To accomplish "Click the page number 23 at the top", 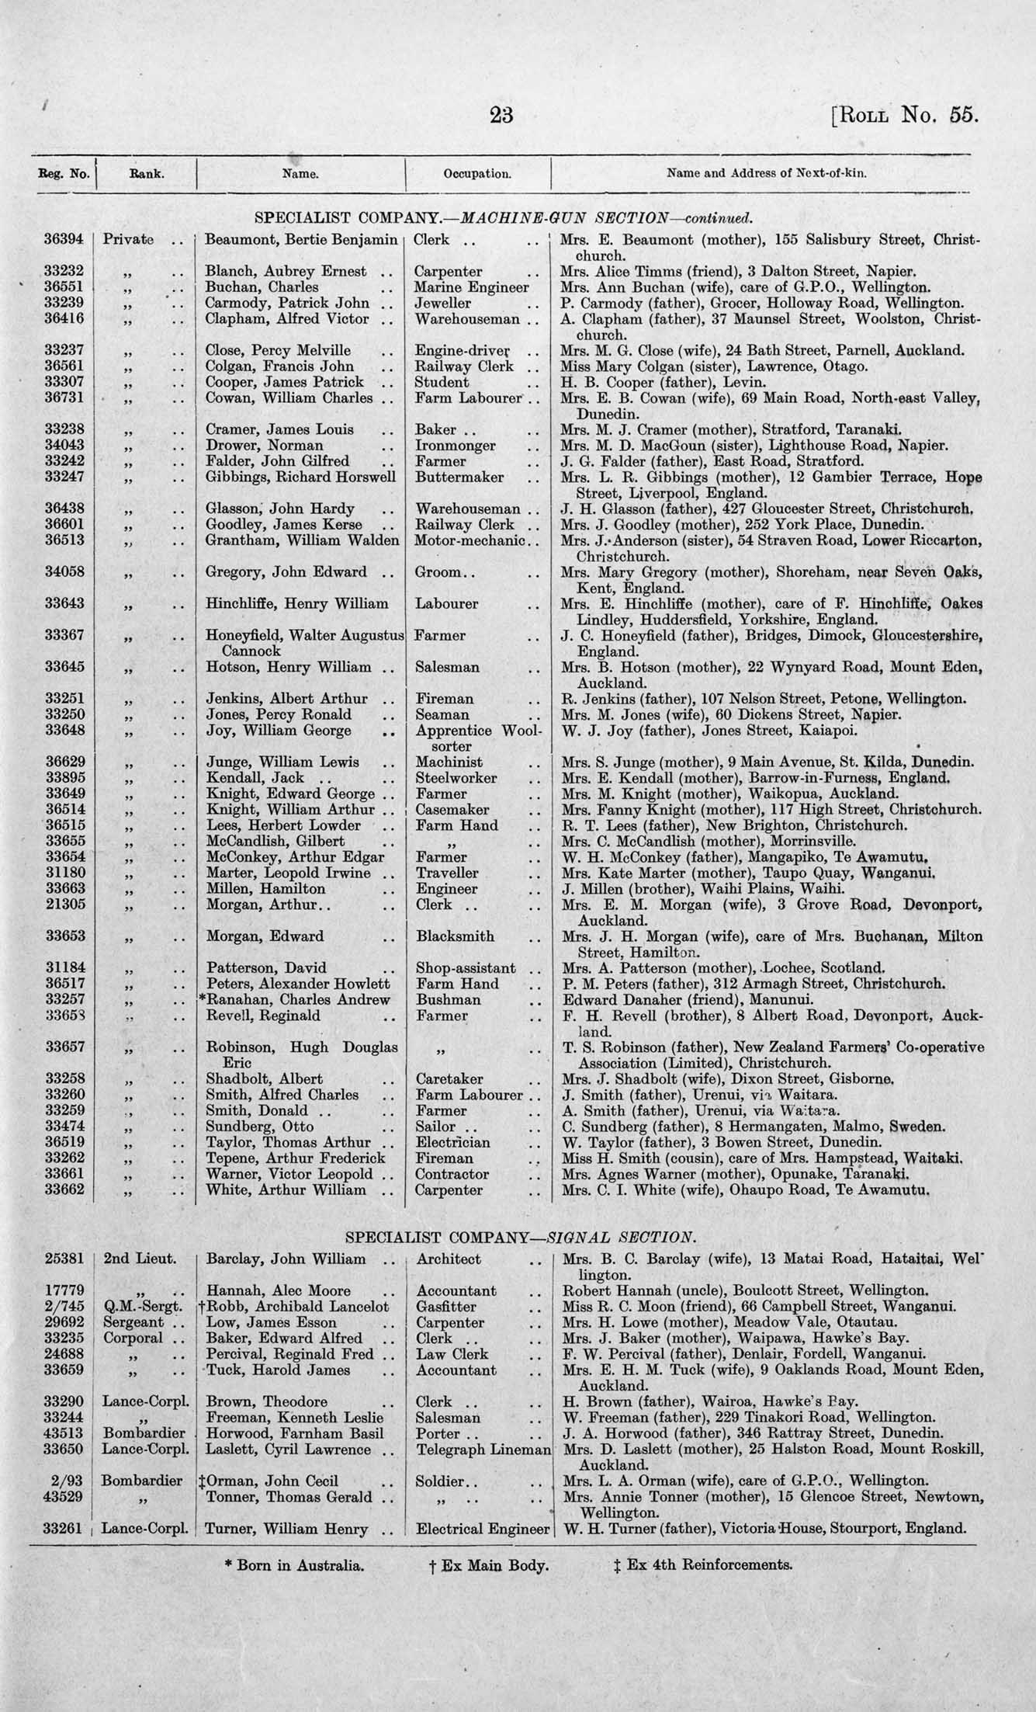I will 501,115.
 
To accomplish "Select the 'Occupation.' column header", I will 476,174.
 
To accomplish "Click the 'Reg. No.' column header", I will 64,174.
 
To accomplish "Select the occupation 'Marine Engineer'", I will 472,287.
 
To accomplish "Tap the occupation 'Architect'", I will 449,1259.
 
